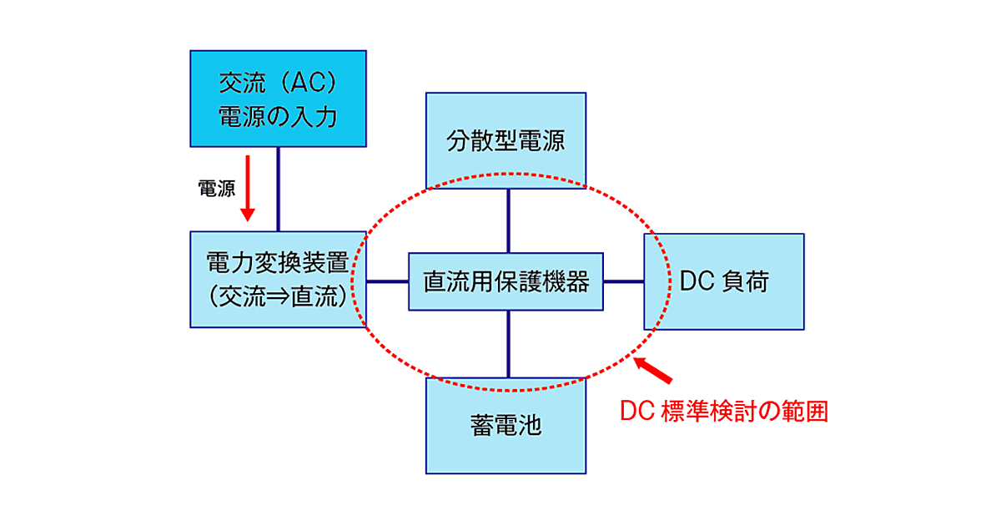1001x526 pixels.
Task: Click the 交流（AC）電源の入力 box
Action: point(278,99)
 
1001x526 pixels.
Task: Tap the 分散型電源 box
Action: point(506,139)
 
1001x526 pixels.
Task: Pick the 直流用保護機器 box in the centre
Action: point(506,282)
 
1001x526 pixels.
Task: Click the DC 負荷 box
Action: point(724,281)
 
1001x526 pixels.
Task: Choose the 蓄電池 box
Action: point(506,426)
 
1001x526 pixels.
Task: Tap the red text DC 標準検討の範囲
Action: point(725,412)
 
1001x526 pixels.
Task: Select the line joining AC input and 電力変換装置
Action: point(278,190)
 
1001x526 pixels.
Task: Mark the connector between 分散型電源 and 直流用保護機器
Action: point(507,220)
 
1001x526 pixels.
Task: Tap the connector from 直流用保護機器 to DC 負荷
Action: point(623,281)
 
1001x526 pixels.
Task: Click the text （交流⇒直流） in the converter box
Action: point(278,296)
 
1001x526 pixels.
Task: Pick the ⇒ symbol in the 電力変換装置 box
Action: point(278,296)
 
